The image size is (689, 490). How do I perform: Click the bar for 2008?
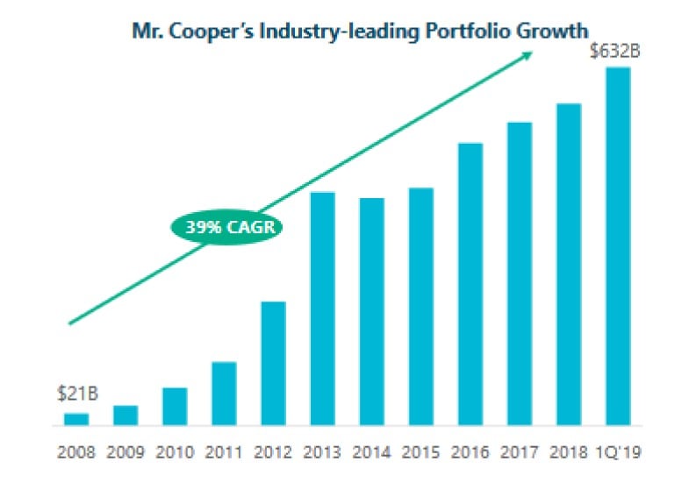[x=76, y=419]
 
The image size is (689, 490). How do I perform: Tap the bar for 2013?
[x=323, y=309]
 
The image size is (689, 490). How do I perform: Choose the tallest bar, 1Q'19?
[x=619, y=246]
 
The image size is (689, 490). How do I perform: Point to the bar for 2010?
[x=175, y=407]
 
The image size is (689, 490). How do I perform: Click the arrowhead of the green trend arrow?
[x=529, y=54]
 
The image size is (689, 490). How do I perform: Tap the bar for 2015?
[x=421, y=307]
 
